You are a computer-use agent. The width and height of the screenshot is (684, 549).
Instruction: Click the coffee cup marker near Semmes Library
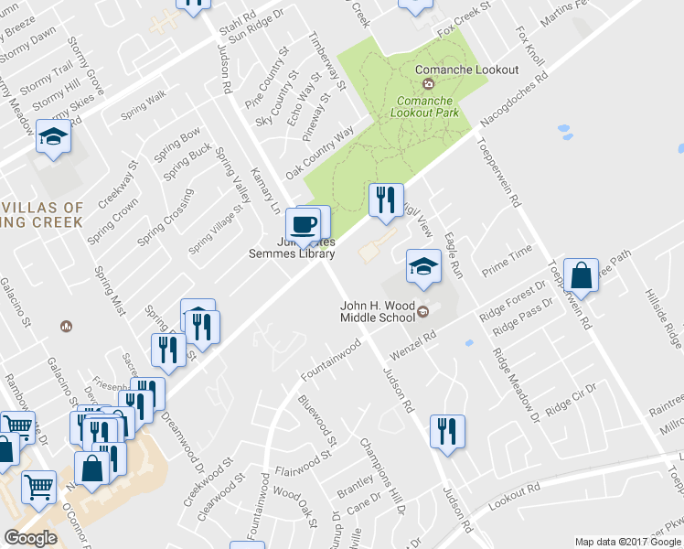(303, 223)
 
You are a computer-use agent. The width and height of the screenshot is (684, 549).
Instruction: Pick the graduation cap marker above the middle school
(422, 266)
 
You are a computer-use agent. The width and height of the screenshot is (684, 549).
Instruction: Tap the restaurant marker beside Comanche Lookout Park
(385, 199)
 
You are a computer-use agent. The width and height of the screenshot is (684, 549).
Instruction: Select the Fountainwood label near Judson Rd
(332, 361)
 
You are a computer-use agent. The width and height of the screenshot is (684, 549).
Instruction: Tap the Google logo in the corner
(30, 538)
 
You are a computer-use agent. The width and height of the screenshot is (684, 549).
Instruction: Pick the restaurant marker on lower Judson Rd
(447, 431)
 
